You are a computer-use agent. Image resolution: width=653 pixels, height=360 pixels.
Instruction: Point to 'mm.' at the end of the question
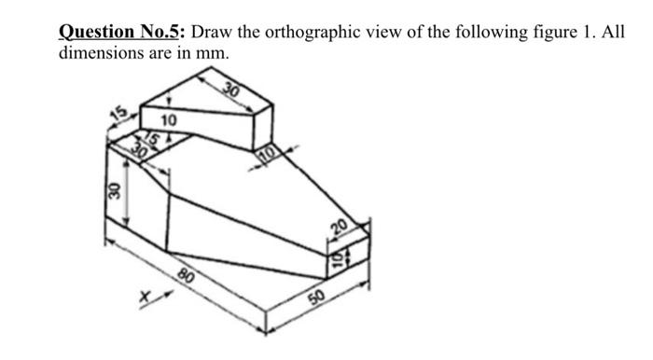coord(210,53)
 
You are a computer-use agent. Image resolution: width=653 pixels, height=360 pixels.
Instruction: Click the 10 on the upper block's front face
coord(168,120)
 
